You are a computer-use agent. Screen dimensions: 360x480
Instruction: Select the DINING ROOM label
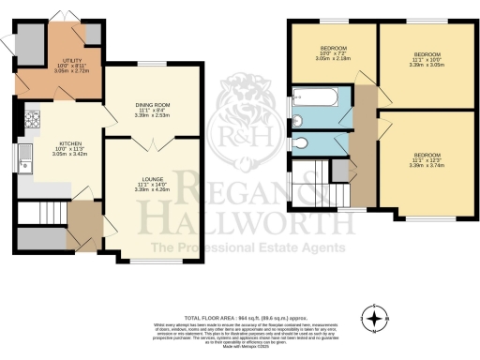[x=153, y=108]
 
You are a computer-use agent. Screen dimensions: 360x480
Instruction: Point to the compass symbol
[x=376, y=319]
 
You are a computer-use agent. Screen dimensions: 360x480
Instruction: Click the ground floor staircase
[x=47, y=215]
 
